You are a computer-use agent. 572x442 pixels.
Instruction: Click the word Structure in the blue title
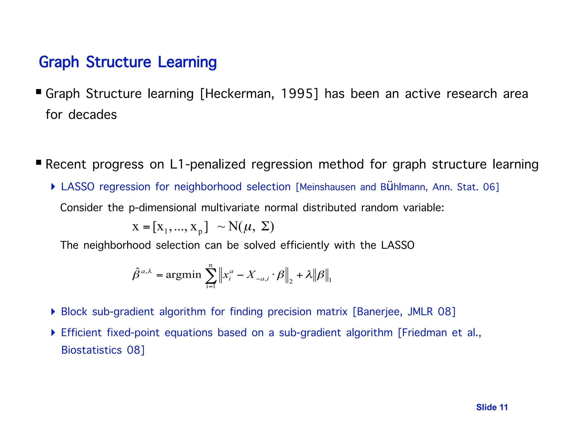(x=118, y=62)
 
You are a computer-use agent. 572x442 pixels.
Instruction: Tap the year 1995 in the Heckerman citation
(x=299, y=94)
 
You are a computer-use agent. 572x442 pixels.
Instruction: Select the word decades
(x=92, y=115)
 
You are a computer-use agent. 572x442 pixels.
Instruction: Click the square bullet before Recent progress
(x=39, y=162)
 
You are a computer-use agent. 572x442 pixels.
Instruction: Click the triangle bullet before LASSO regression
(x=53, y=187)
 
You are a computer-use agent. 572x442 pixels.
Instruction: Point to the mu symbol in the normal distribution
(x=248, y=227)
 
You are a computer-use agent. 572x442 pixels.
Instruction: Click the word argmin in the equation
(x=183, y=275)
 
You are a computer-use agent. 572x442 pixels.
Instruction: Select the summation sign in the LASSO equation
(x=211, y=276)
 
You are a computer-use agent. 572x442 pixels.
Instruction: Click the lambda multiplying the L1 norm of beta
(x=308, y=275)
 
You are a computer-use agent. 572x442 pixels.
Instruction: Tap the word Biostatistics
(x=91, y=350)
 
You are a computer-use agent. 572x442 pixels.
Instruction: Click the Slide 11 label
(x=492, y=407)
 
